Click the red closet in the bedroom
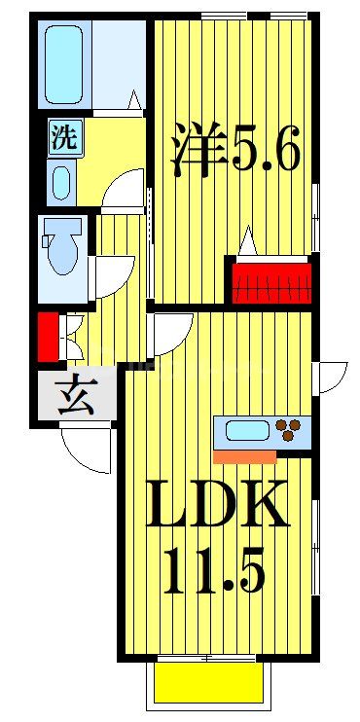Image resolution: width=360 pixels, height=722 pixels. pyautogui.click(x=271, y=283)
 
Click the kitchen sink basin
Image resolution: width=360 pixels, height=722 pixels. pyautogui.click(x=249, y=429)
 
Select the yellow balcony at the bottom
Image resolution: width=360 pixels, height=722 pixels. pyautogui.click(x=207, y=685)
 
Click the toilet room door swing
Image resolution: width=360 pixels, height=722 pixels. pyautogui.click(x=111, y=277)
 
